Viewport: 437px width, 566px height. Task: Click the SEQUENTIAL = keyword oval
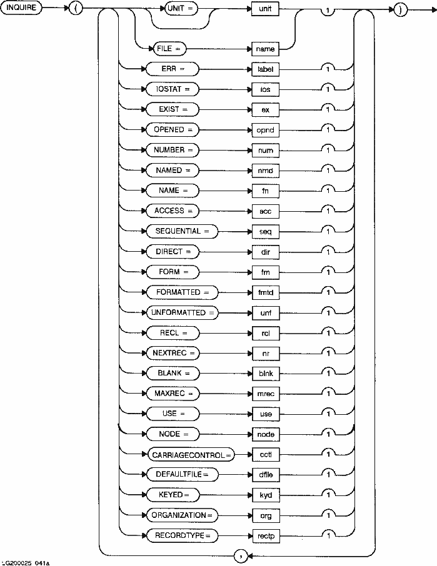tap(178, 231)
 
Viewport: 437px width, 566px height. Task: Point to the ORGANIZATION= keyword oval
tap(183, 515)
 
